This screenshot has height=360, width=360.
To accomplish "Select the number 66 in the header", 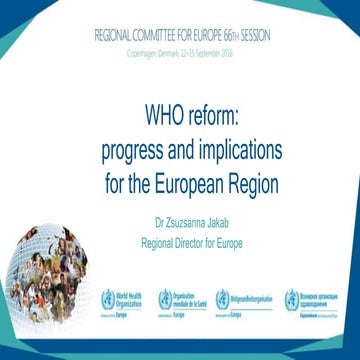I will point(225,34).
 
